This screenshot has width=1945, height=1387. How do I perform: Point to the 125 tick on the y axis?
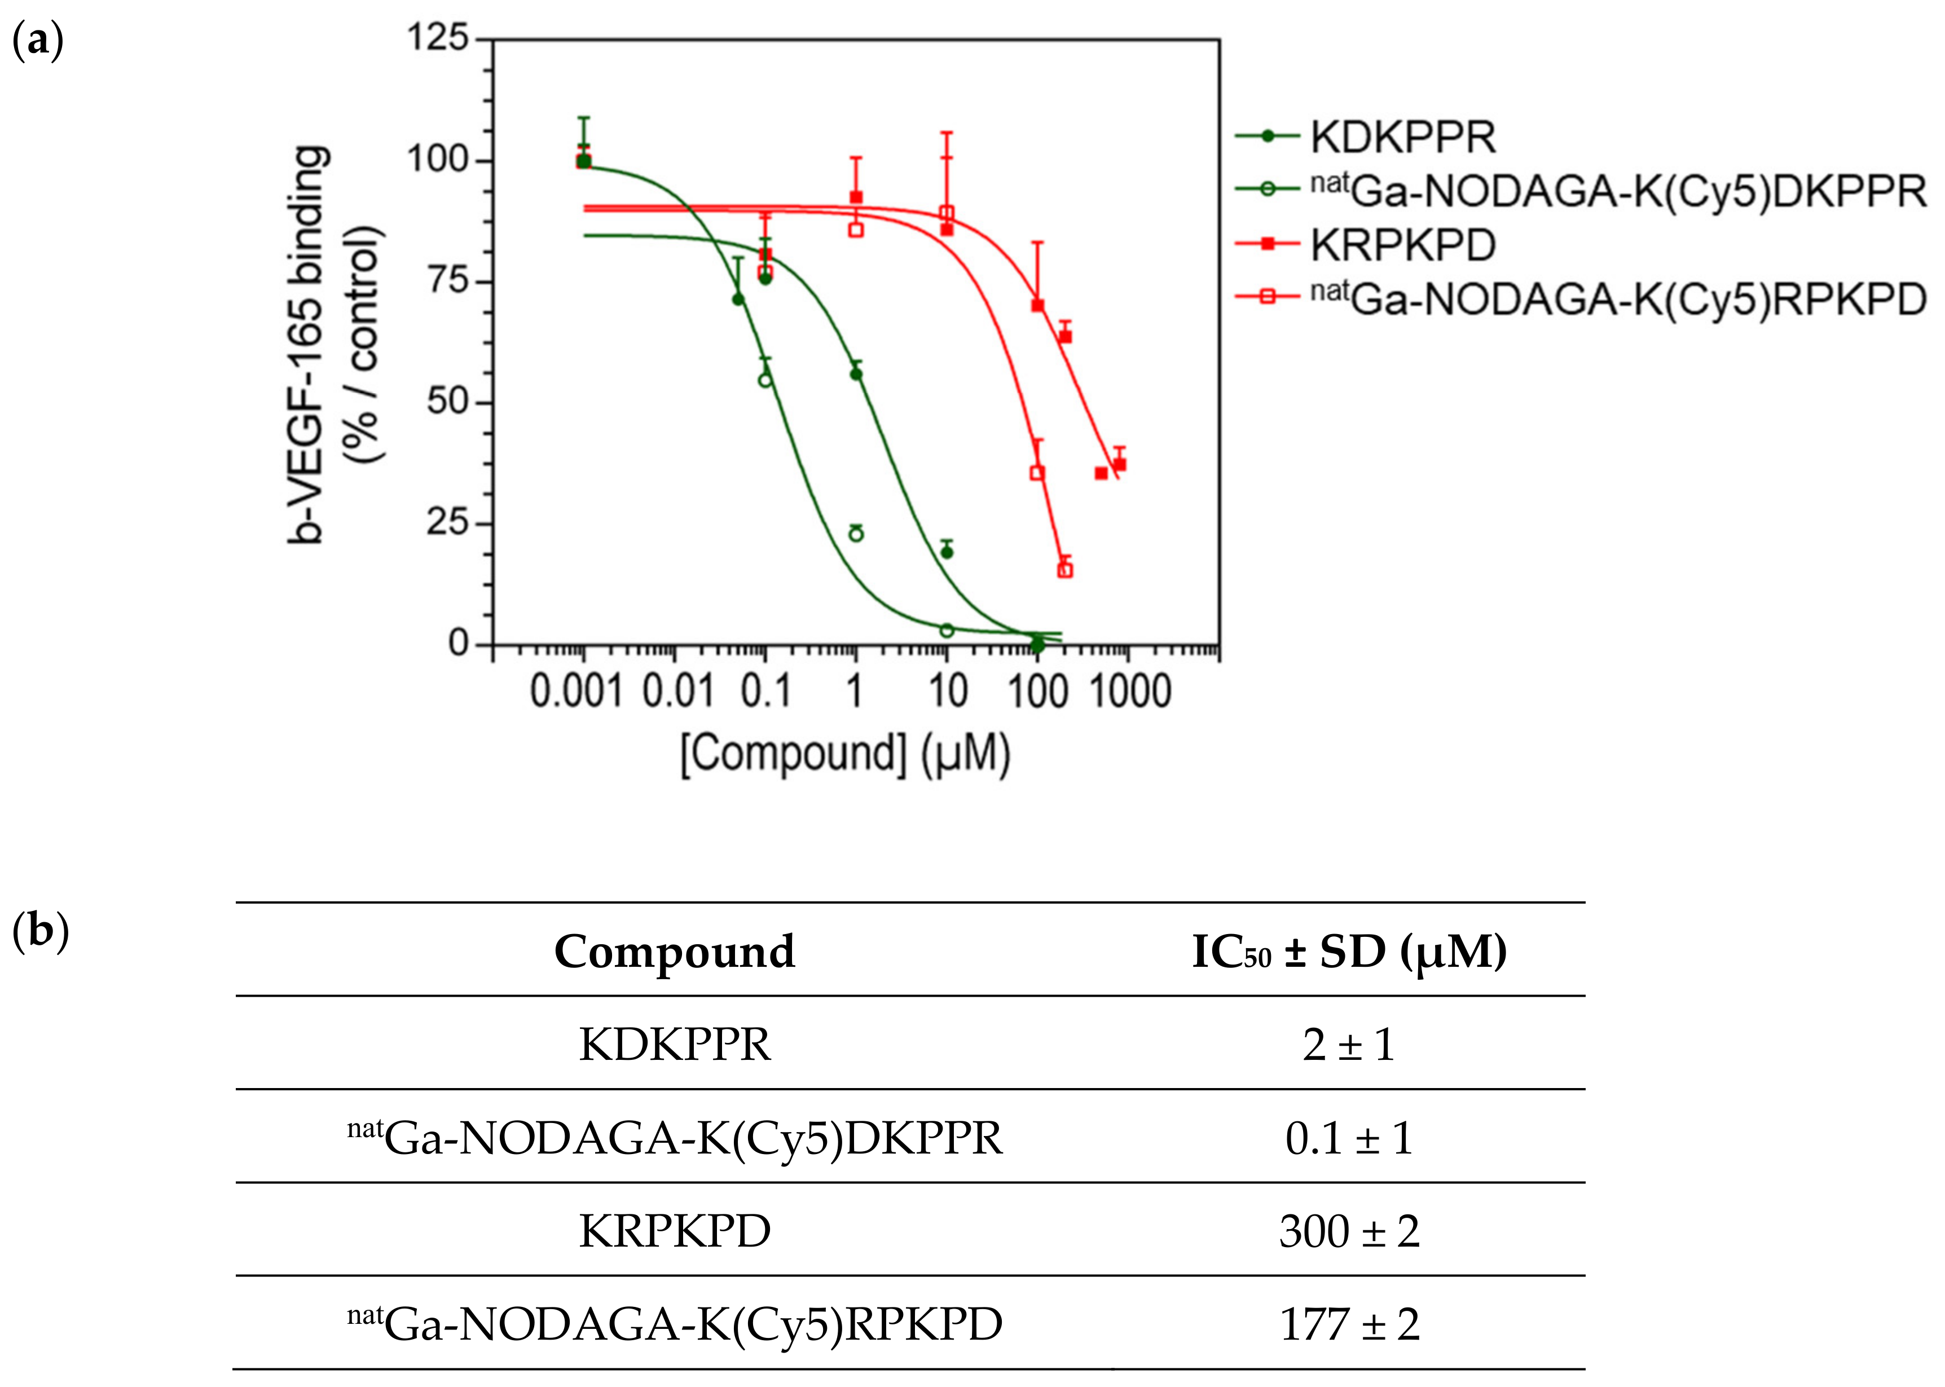tap(437, 38)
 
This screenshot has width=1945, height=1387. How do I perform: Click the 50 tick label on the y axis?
tap(447, 402)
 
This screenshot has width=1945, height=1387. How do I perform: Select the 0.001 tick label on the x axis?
tap(577, 691)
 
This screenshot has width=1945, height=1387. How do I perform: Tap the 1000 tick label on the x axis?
tap(1130, 691)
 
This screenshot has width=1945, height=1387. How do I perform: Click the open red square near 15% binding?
tap(1064, 570)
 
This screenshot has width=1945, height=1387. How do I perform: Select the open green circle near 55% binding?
tap(765, 380)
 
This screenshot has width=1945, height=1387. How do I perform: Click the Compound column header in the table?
tap(674, 952)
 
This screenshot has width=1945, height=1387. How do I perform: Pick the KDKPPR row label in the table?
tap(674, 1045)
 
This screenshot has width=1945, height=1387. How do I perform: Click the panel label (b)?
tap(40, 930)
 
